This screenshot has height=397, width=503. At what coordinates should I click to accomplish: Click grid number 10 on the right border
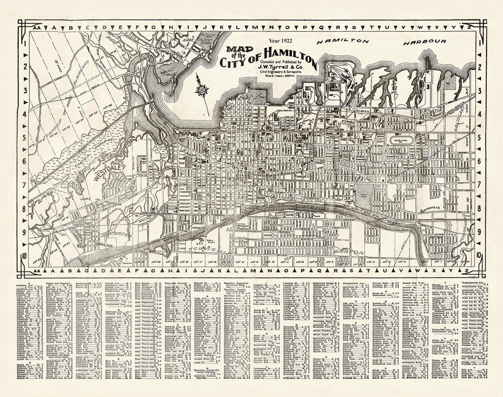479,255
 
